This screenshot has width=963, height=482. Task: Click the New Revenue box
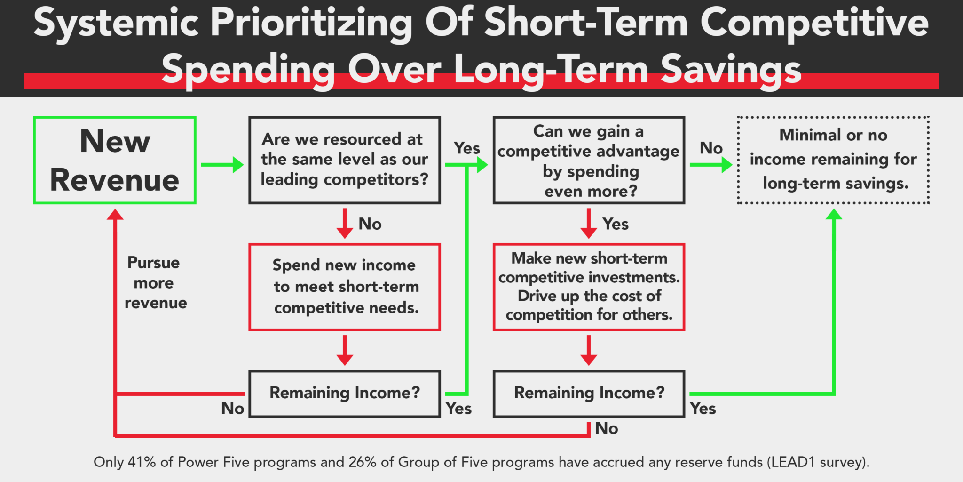(114, 160)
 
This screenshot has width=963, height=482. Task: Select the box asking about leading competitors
(344, 160)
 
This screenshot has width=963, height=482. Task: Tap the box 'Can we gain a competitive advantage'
(589, 160)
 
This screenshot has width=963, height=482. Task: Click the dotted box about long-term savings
(833, 160)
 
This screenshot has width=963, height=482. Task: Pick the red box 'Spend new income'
(344, 287)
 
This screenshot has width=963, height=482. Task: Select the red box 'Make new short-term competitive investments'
(589, 287)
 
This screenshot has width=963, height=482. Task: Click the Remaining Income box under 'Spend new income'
(344, 394)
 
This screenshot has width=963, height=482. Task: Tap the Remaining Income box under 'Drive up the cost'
(589, 394)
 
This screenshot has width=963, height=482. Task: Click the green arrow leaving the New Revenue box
(221, 165)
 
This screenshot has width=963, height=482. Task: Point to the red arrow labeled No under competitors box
(345, 223)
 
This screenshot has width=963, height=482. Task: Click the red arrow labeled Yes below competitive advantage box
(589, 223)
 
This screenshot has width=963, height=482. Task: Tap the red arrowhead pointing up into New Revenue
(115, 215)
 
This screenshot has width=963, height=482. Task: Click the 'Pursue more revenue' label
(155, 282)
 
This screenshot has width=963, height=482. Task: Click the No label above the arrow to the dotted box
(711, 148)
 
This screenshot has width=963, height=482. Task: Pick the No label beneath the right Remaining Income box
(607, 428)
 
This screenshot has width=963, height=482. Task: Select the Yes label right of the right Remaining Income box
(703, 409)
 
